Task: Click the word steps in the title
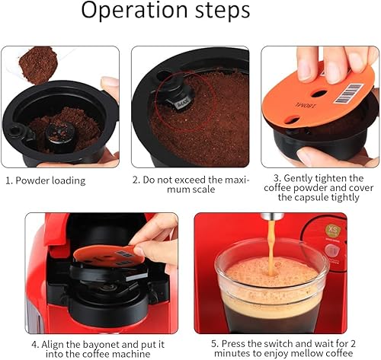click(223, 11)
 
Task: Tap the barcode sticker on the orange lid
click(347, 94)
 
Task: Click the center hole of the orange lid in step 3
click(319, 94)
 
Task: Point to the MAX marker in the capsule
click(183, 104)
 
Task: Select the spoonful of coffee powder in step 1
click(38, 65)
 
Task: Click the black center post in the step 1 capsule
click(61, 136)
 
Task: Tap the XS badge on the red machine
click(333, 231)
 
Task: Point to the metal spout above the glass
click(272, 216)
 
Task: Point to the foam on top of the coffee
click(272, 272)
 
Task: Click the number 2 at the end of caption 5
click(353, 344)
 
